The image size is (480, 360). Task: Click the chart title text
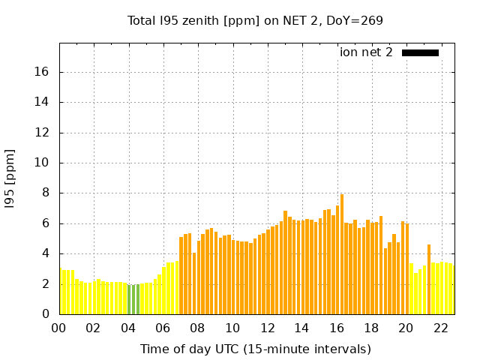coord(255,21)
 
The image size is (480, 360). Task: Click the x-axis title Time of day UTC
coord(255,349)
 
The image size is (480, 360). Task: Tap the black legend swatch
coord(420,52)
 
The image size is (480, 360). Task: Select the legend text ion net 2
coord(366,52)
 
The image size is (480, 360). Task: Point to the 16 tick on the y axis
coord(43,73)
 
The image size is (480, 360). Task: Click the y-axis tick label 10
coord(43,163)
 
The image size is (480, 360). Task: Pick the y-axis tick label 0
coord(47,314)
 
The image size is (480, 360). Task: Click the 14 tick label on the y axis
coord(43,103)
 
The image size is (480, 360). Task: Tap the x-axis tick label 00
coord(58,328)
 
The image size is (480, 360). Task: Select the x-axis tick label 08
coord(197,328)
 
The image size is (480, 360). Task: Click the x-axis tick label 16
coord(336,328)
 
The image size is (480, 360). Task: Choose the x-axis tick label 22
coord(440,328)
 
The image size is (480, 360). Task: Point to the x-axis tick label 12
coord(267,328)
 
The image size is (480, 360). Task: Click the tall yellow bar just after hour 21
coord(429,279)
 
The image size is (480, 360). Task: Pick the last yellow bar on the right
coord(451,289)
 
